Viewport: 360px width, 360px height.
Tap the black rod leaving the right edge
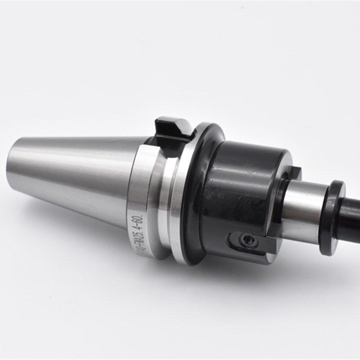(x=353, y=211)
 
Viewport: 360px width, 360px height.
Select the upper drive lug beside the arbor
(x=293, y=173)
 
